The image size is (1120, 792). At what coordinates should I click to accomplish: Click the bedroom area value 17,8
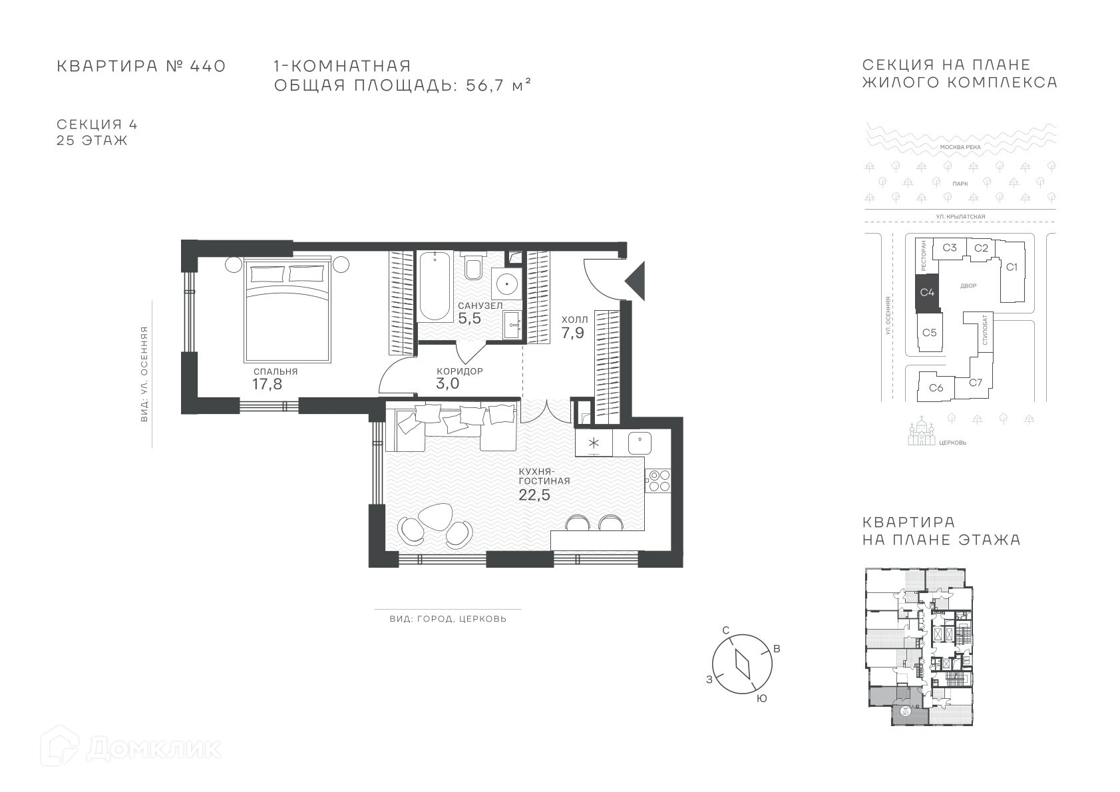click(x=267, y=384)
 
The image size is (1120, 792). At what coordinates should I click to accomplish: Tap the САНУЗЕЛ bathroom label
click(x=480, y=305)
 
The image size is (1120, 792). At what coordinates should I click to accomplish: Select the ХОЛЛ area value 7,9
click(x=572, y=333)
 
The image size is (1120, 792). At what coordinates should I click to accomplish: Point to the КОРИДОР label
click(x=459, y=371)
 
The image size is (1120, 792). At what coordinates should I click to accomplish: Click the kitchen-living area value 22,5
click(x=534, y=495)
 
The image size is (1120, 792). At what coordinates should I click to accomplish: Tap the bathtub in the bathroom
click(x=434, y=286)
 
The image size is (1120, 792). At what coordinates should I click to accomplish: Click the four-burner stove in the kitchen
click(x=657, y=480)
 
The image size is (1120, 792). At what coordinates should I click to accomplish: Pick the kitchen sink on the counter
click(x=640, y=443)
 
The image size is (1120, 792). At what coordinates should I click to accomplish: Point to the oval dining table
click(x=435, y=518)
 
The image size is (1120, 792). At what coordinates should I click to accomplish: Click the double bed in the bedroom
click(x=287, y=309)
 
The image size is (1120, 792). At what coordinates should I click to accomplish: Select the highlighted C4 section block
click(x=927, y=293)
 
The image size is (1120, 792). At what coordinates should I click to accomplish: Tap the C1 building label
click(x=1012, y=268)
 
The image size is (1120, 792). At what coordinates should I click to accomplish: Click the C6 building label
click(x=936, y=387)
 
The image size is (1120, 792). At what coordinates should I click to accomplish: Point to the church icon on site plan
click(x=922, y=431)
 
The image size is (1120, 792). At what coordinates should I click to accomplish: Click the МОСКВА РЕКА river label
click(x=960, y=147)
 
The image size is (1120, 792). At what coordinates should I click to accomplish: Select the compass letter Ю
click(x=761, y=699)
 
